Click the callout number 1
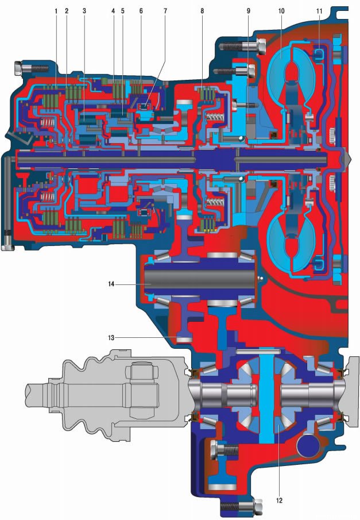(x=56, y=11)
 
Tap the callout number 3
(x=84, y=11)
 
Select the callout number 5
(x=123, y=11)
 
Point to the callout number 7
(x=165, y=11)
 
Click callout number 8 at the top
(x=202, y=11)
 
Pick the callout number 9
(x=248, y=11)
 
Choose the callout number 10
(x=281, y=11)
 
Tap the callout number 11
(x=319, y=11)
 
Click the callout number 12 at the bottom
(x=279, y=500)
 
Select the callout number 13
(x=111, y=338)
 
